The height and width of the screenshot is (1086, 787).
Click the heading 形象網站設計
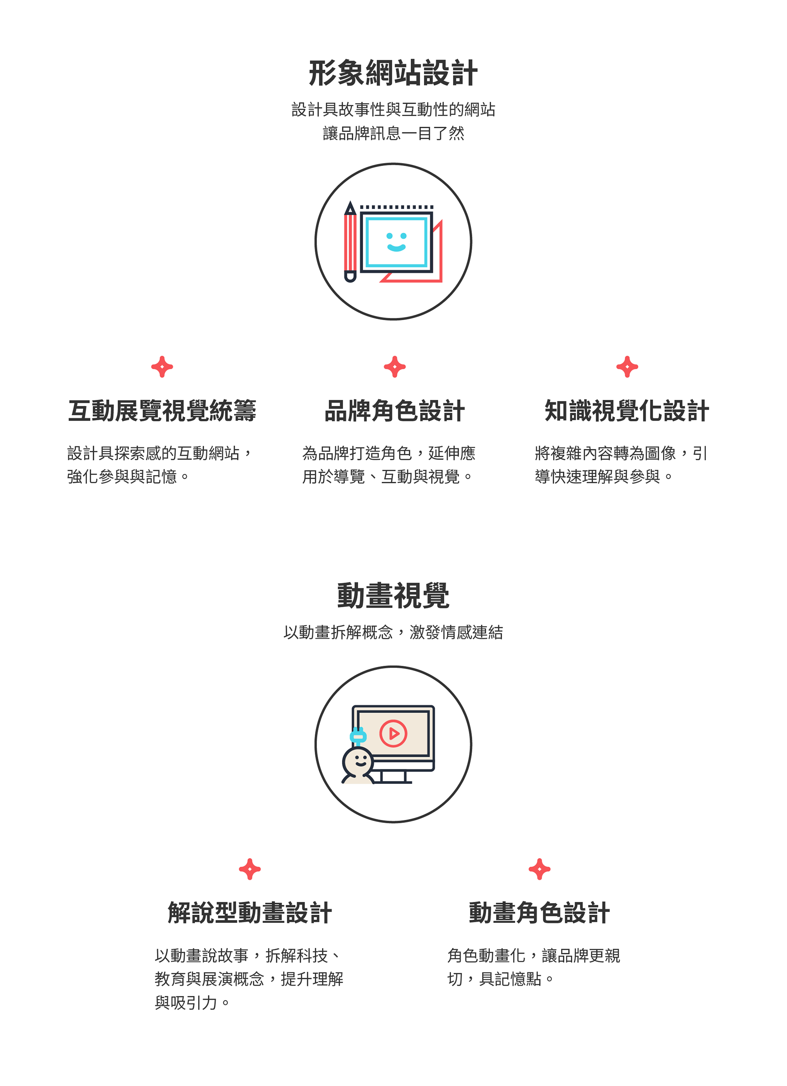tap(393, 74)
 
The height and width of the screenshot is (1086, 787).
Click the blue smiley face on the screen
tap(396, 242)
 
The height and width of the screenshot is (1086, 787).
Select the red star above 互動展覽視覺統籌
tap(162, 367)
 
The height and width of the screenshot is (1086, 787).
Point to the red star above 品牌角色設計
tap(394, 367)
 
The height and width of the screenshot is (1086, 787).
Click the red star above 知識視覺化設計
tap(627, 367)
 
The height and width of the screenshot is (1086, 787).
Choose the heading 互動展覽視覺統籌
tap(162, 411)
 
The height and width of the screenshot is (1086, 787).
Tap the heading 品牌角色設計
tap(394, 411)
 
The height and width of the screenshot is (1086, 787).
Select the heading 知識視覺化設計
tap(627, 411)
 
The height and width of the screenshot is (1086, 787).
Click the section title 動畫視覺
tap(393, 596)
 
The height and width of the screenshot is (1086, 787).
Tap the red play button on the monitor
tap(393, 733)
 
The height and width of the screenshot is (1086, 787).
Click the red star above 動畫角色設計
tap(539, 869)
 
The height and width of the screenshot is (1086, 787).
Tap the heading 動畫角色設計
tap(539, 913)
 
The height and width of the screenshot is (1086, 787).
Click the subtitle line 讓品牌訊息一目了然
tap(393, 133)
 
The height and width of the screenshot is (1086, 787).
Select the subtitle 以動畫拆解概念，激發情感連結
tap(393, 633)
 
